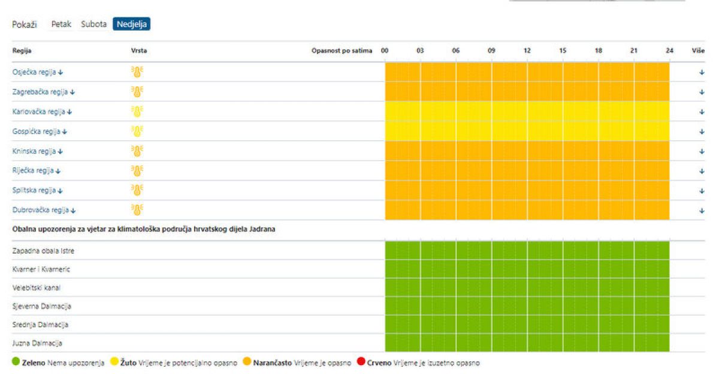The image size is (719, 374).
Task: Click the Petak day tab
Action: (61, 24)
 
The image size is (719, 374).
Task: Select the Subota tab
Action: (93, 24)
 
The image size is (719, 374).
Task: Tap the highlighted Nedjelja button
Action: (132, 24)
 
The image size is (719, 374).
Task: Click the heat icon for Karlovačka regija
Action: (137, 111)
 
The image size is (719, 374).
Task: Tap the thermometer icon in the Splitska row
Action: (137, 190)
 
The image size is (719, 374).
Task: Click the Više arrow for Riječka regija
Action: (702, 171)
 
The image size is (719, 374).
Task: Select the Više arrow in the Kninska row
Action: (702, 151)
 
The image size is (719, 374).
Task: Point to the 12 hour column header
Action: (527, 50)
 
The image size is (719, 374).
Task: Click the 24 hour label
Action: (670, 50)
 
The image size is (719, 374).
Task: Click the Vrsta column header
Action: (139, 50)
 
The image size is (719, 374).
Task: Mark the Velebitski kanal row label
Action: (37, 288)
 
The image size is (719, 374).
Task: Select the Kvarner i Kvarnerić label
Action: (41, 269)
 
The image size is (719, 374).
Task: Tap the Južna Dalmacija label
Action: (37, 343)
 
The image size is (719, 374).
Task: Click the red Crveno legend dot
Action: (361, 361)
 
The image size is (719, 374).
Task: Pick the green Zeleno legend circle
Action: (16, 361)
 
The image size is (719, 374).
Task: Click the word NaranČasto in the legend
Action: (272, 363)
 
